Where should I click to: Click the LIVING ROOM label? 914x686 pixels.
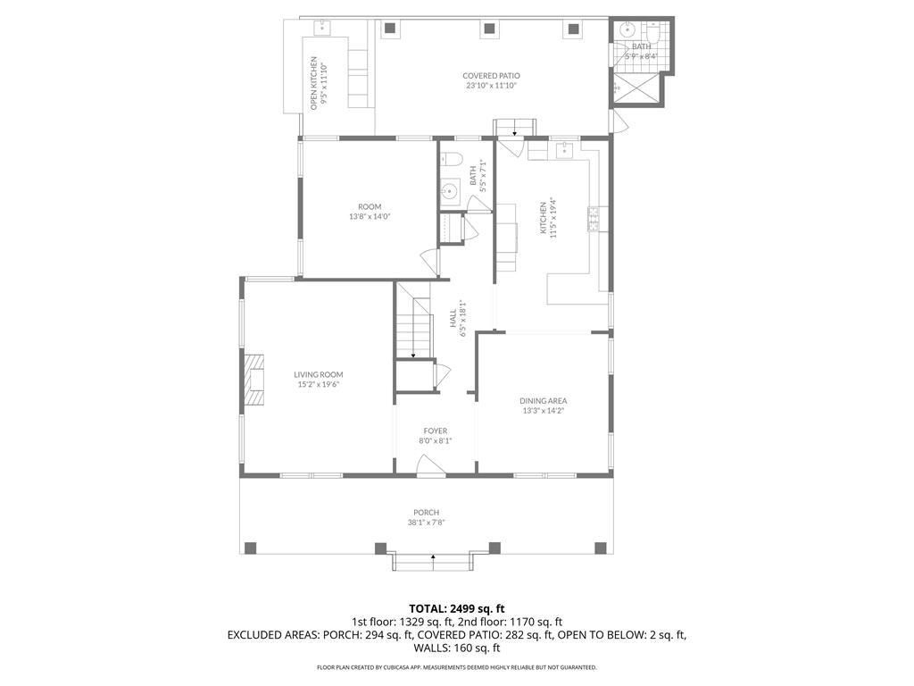319,374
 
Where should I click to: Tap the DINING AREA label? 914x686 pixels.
544,401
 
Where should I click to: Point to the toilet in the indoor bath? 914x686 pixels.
451,158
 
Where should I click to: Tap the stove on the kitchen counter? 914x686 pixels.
594,219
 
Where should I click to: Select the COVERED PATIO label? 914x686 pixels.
492,76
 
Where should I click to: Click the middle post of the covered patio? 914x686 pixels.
489,28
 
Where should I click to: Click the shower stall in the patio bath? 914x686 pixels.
637,88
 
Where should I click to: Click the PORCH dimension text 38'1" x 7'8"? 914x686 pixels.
426,523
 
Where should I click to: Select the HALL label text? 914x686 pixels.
453,318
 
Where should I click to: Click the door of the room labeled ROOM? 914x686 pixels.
430,262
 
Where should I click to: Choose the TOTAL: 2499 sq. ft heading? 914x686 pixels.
456,609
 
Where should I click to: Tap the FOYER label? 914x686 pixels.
436,431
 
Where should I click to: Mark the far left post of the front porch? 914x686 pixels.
250,548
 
